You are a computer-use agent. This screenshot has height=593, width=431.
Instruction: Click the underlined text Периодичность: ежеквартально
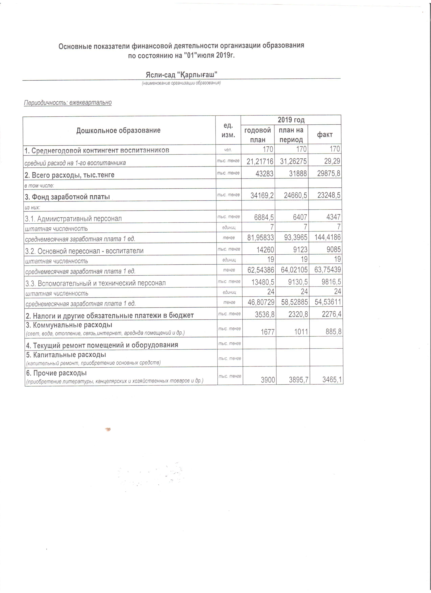pyautogui.click(x=68, y=102)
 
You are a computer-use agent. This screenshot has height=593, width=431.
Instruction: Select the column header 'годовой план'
pyautogui.click(x=257, y=135)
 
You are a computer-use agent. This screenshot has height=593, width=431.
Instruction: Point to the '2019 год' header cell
pyautogui.click(x=291, y=120)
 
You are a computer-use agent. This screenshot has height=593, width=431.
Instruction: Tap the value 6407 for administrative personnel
pyautogui.click(x=299, y=217)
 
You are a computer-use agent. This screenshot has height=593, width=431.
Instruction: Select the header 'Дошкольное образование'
pyautogui.click(x=118, y=131)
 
